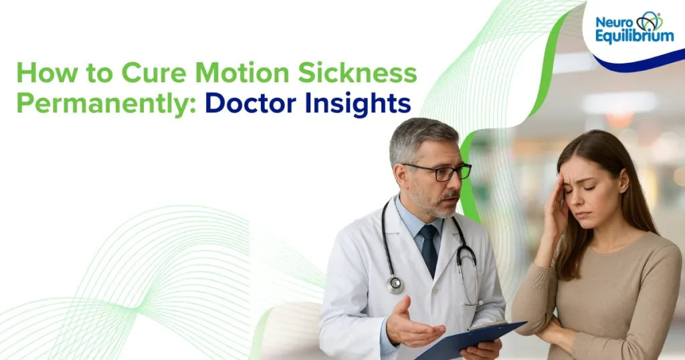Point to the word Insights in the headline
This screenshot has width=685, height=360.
pos(357,104)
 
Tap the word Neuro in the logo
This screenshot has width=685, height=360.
pos(613,22)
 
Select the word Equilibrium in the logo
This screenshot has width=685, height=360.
pos(634,37)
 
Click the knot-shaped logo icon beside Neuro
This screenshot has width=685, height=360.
pos(649,21)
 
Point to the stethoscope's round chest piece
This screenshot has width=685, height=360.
pos(396,284)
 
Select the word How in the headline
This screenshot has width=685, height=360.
pos(37,73)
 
